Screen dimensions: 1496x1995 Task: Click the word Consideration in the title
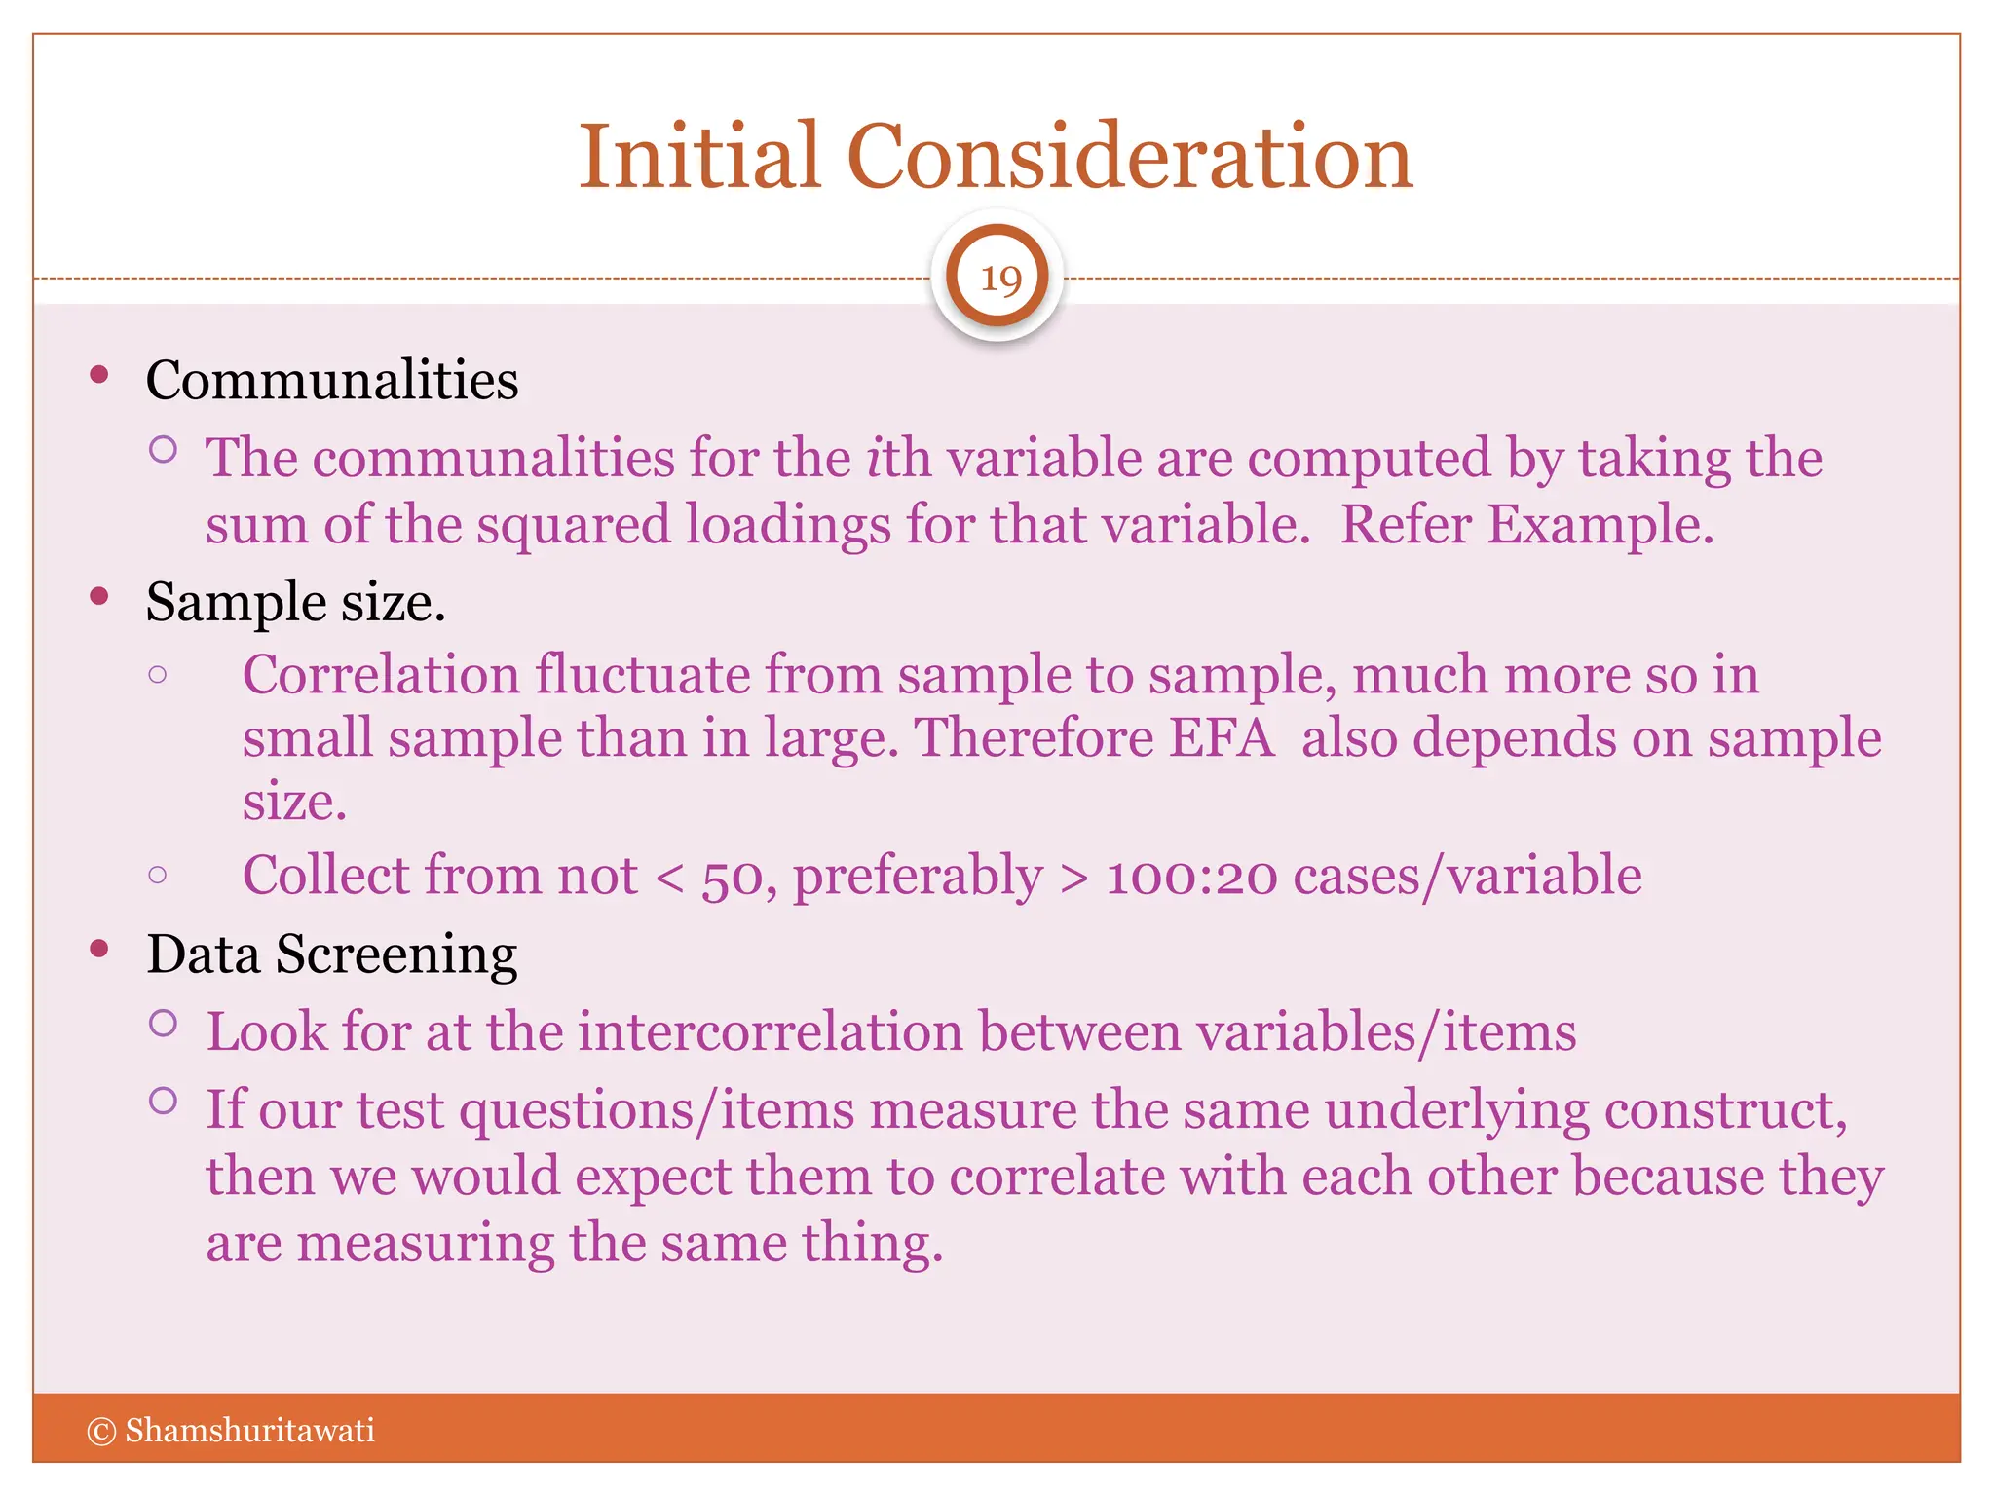pos(1129,157)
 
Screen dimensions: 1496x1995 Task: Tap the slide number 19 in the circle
pos(998,279)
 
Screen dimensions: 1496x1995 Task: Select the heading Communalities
pos(331,380)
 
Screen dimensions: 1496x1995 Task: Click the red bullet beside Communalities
pos(99,376)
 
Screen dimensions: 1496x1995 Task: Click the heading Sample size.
pos(295,602)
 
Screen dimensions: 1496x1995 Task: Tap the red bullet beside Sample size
pos(99,597)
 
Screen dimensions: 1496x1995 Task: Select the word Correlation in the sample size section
pos(381,675)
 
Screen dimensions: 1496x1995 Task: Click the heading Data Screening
pos(331,954)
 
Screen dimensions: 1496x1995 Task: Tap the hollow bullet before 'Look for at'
pos(164,1024)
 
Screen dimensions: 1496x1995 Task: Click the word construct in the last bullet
pos(1725,1110)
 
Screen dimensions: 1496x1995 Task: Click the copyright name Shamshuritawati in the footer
pos(249,1431)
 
